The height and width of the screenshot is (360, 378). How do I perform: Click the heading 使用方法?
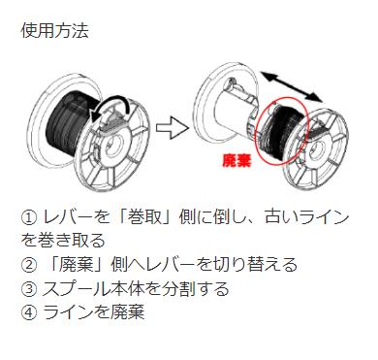coord(54,31)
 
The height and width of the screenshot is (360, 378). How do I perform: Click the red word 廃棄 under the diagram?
coord(237,161)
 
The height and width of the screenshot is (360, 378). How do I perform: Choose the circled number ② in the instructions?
coord(28,264)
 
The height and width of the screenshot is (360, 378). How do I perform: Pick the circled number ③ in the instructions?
coord(28,287)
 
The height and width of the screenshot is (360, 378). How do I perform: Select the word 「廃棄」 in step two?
coord(69,264)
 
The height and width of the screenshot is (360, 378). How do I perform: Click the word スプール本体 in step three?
coord(86,287)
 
